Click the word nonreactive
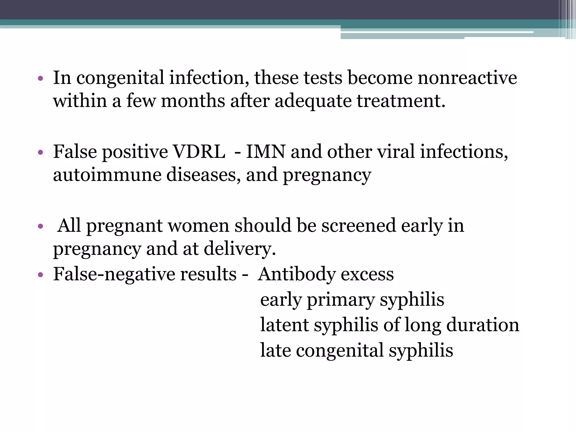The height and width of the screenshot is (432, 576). coord(467,78)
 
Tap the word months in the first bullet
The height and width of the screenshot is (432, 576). coord(193,101)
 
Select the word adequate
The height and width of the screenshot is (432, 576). coord(313,102)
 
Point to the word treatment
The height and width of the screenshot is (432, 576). coord(401,101)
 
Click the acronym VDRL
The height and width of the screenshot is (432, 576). coord(199,152)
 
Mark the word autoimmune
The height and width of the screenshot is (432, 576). coord(107,175)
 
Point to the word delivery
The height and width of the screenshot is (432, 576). coord(240,249)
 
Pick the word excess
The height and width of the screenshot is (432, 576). coord(367,274)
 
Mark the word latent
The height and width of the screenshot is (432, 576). coord(284,325)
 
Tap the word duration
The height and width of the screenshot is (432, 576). coord(483,325)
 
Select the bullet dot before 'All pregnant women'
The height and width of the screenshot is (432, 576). coord(40,226)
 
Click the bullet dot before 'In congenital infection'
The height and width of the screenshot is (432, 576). coord(40,78)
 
